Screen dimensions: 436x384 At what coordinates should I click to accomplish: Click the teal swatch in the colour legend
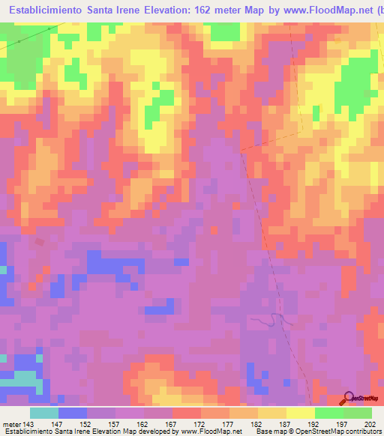coord(44,413)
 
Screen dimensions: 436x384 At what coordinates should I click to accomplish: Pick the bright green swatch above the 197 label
coord(328,413)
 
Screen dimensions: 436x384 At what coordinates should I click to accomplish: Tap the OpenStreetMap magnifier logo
coord(349,397)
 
